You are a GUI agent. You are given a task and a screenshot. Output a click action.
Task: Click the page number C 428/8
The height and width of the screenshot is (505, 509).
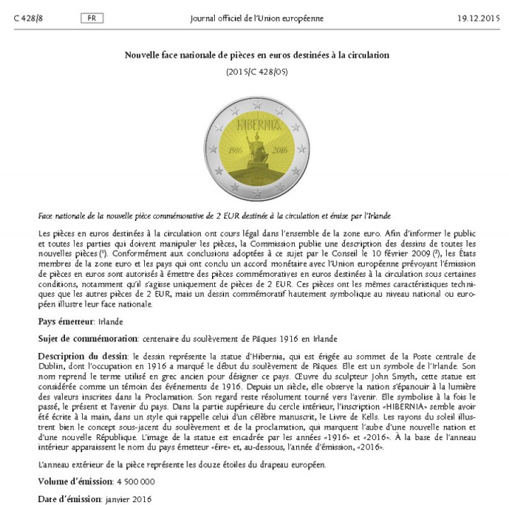click(x=26, y=18)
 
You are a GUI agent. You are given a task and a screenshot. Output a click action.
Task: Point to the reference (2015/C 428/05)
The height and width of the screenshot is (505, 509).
click(x=257, y=72)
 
